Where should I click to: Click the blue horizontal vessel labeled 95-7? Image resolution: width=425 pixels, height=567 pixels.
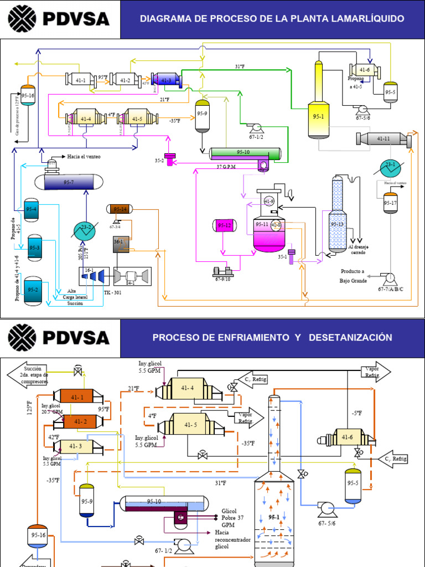pos(69,181)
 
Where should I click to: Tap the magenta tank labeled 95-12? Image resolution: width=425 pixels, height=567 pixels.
pos(224,226)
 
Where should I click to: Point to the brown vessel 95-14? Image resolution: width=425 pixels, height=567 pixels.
pos(120,209)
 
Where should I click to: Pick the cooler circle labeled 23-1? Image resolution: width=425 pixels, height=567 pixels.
pos(390,165)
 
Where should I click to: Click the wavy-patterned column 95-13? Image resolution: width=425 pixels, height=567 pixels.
pos(338,217)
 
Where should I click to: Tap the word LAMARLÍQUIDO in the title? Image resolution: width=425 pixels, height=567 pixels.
pos(368,19)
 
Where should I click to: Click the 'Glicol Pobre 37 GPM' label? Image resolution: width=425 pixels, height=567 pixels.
pos(233,517)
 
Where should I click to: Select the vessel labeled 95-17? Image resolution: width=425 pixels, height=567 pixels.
pos(391,203)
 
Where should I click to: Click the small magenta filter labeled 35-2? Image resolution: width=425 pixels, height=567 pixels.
pos(169,159)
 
